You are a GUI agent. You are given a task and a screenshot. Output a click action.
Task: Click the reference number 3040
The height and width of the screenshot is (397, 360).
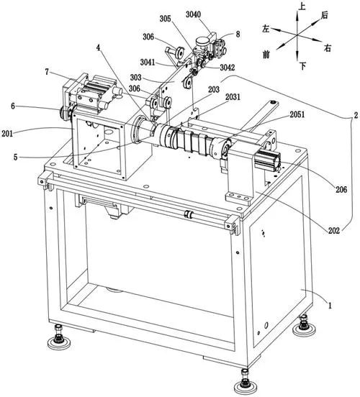193,14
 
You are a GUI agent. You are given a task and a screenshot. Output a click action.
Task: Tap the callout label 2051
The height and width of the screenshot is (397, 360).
297,114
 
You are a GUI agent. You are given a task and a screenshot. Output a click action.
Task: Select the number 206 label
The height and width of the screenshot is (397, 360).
341,189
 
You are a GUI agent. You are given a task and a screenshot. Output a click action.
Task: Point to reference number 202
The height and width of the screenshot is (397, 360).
334,230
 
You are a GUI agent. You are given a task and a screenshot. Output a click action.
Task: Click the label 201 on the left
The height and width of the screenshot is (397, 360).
7,134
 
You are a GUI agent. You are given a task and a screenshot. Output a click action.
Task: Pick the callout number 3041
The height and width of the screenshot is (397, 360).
148,63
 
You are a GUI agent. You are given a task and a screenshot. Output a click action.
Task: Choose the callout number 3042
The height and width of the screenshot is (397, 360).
228,68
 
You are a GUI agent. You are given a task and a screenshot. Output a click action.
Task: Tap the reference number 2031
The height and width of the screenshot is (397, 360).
233,96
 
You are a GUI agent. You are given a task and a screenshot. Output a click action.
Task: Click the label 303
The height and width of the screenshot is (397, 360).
136,77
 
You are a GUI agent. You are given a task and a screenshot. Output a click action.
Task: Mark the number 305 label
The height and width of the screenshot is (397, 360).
165,19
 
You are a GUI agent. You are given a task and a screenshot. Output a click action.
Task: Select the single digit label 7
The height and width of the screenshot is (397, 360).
47,72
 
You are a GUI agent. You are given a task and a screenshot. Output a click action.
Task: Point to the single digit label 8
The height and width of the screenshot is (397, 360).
238,35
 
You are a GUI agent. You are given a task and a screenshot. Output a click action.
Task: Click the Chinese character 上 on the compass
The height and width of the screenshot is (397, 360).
302,6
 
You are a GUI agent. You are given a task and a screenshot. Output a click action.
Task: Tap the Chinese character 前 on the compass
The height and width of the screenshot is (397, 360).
266,54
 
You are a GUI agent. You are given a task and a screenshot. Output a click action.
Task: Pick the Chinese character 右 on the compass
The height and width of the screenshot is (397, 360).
328,48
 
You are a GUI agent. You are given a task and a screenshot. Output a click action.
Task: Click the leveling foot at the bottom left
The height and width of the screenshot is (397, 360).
59,337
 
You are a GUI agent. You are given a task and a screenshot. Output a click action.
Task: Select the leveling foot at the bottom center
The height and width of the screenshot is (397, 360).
245,383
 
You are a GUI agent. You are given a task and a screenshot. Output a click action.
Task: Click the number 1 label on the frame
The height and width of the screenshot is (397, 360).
330,306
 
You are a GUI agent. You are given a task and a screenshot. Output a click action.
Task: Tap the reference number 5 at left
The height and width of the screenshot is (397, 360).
15,158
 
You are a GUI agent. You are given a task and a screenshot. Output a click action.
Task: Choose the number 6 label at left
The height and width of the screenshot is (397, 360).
13,106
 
